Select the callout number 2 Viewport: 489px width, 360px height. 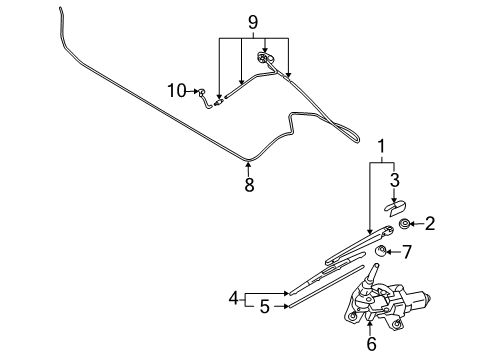(x=430, y=223)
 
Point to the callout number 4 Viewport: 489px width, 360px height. (x=233, y=298)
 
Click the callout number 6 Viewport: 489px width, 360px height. (x=371, y=345)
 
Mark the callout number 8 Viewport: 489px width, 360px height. (x=249, y=183)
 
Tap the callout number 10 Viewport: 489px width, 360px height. (x=175, y=92)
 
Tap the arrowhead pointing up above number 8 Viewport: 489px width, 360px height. (x=249, y=164)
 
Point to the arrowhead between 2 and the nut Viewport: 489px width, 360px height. (x=412, y=225)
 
